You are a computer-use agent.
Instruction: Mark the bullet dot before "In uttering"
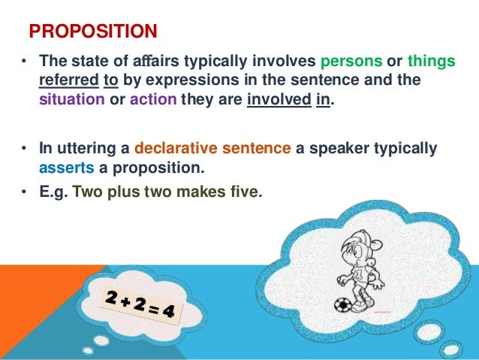pyautogui.click(x=24, y=149)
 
